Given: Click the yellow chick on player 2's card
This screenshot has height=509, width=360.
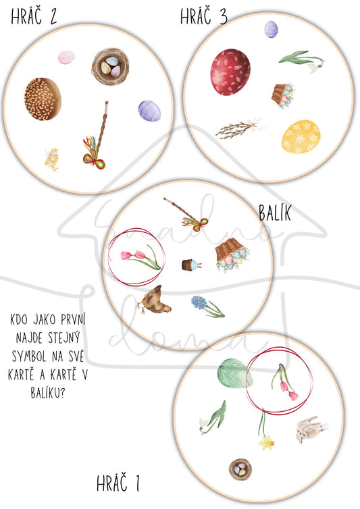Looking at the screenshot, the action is [x=51, y=159].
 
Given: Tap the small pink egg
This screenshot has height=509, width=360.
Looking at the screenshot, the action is [x=67, y=57].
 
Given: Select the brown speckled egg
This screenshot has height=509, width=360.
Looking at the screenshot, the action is [x=43, y=99].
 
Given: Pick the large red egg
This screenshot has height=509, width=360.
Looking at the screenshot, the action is [x=230, y=72].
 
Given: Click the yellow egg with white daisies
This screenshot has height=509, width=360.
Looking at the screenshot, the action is [x=301, y=136].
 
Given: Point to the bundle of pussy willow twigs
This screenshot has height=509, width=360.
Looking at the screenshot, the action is [x=238, y=128].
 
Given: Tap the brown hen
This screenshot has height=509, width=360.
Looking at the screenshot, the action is [x=154, y=300].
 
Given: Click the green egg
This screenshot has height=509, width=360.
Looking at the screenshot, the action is [x=235, y=373].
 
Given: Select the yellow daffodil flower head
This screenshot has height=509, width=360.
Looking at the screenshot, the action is [x=266, y=443].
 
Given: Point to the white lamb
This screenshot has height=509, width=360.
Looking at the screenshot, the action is [x=310, y=429].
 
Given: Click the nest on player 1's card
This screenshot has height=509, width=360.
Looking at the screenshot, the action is [x=240, y=469].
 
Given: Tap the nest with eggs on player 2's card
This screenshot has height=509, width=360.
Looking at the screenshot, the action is [x=111, y=67].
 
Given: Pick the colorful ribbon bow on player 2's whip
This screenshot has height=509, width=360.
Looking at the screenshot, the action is [x=95, y=153].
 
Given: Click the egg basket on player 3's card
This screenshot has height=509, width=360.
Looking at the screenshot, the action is [x=283, y=95].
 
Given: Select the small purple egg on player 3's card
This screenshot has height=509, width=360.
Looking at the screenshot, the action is [x=272, y=29].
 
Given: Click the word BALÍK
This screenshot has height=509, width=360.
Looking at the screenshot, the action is [x=275, y=213].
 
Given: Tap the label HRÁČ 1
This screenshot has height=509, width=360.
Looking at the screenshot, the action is [x=118, y=483].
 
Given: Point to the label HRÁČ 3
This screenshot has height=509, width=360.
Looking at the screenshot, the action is [x=204, y=16].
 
